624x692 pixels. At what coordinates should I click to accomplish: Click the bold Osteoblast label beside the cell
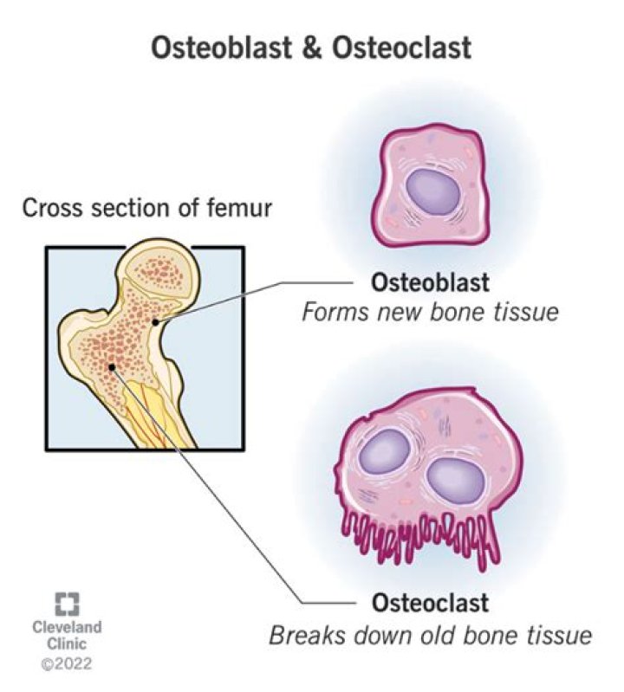tap(430, 282)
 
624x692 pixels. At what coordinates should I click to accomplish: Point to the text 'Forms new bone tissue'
tap(430, 312)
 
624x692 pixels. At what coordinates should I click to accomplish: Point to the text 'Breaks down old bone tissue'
tap(430, 634)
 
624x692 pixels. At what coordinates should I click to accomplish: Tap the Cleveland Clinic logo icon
tap(67, 603)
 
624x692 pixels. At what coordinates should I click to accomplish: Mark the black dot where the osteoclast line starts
tap(112, 367)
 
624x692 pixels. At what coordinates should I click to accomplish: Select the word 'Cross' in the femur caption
tap(47, 208)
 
